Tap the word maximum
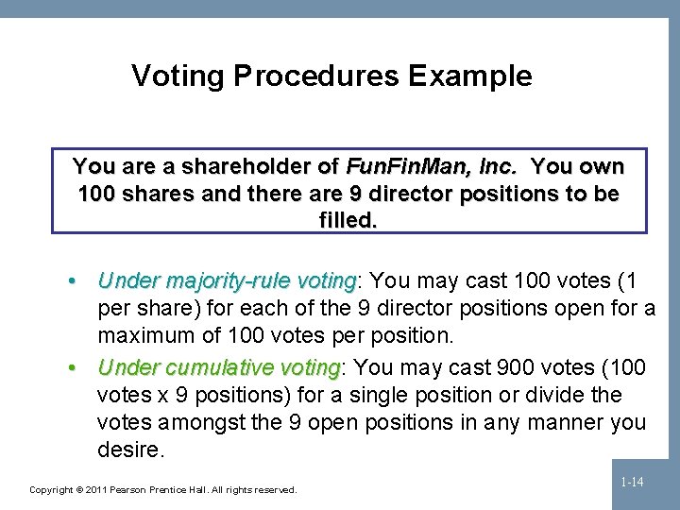146,335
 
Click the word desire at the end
128,449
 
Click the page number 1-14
633,483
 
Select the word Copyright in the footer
52,489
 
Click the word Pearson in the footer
138,489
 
